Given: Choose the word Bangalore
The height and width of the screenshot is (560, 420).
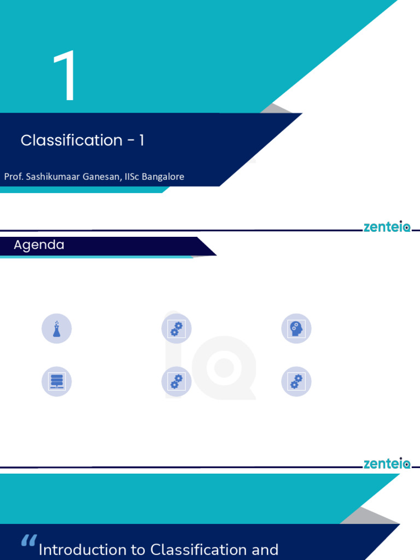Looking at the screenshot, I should (163, 177).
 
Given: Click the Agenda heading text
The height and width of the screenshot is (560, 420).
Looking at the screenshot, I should (39, 245).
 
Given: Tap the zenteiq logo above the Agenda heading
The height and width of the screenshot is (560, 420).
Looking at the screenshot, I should (387, 227).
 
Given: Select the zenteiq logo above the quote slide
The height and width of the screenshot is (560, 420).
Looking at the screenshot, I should (387, 464).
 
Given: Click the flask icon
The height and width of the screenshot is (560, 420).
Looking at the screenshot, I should (56, 329).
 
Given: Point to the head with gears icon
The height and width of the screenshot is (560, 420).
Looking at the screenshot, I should (296, 329).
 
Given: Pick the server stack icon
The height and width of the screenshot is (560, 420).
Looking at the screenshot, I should (56, 382).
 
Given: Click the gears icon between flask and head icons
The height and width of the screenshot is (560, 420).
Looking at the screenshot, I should (176, 329).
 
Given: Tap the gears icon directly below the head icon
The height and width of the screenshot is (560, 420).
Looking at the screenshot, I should (296, 382).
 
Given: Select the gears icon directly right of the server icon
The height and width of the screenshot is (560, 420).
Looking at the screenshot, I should (176, 382).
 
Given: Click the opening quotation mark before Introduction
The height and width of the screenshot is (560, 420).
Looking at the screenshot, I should (28, 541).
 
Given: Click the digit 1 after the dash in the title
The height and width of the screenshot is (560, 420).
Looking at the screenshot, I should (141, 141).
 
